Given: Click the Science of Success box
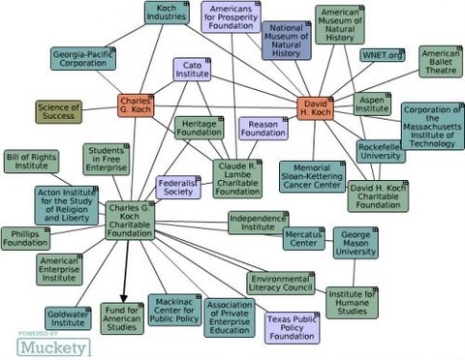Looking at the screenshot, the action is click(x=60, y=112).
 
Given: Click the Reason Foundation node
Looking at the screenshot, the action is click(x=263, y=129).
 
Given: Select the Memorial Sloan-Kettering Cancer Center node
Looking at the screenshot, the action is click(x=312, y=176).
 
